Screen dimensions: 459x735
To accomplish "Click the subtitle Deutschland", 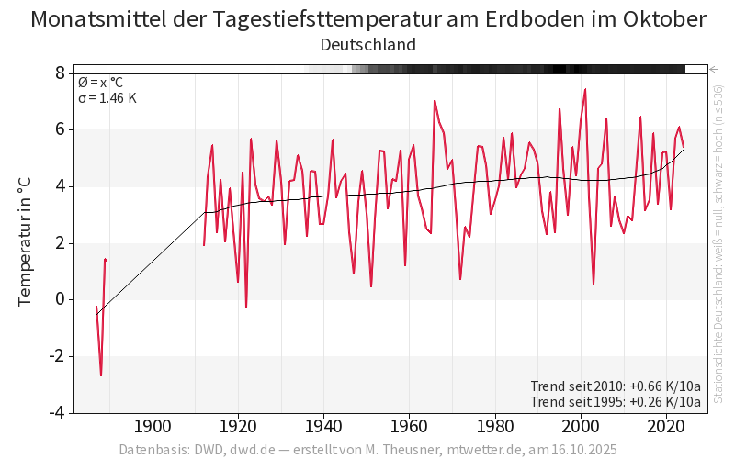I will pyautogui.click(x=367, y=44).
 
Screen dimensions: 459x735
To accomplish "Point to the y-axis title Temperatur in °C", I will pyautogui.click(x=25, y=242).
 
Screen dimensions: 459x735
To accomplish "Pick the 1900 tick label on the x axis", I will pyautogui.click(x=153, y=426).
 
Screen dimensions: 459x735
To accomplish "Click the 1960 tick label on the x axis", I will pyautogui.click(x=410, y=426).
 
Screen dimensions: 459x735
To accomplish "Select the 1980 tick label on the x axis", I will pyautogui.click(x=495, y=426).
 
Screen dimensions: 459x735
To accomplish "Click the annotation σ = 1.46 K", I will pyautogui.click(x=107, y=97).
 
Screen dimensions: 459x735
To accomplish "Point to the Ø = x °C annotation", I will pyautogui.click(x=100, y=82).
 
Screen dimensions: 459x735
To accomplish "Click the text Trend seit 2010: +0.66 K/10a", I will pyautogui.click(x=616, y=386).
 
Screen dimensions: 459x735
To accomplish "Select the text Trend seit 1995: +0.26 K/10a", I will pyautogui.click(x=616, y=401).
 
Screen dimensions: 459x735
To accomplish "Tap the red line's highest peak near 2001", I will pyautogui.click(x=585, y=89).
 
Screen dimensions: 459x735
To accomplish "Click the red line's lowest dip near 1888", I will pyautogui.click(x=101, y=375).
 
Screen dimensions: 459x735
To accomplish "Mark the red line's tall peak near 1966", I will pyautogui.click(x=435, y=100).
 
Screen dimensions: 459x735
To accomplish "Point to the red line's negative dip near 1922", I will pyautogui.click(x=246, y=308).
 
